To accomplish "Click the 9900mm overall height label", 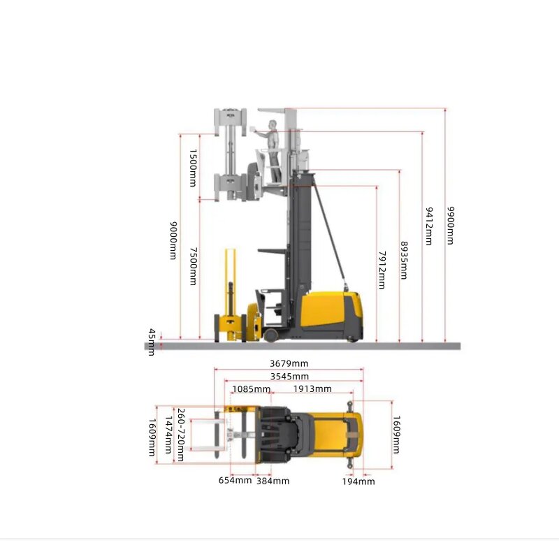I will (x=451, y=225).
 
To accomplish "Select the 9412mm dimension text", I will (x=428, y=226).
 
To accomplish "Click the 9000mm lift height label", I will (x=173, y=241).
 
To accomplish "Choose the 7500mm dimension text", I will (x=193, y=266).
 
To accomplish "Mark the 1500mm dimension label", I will (x=193, y=168).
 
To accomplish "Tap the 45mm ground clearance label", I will (x=151, y=342).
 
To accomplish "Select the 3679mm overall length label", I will (x=289, y=363).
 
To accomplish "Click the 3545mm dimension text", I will (x=289, y=377).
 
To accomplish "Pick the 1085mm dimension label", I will (x=252, y=389).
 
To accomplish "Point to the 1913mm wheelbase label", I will (x=312, y=389).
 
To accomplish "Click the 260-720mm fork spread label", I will (x=181, y=435).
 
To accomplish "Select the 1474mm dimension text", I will (x=167, y=435).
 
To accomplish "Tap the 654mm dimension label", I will (x=235, y=480).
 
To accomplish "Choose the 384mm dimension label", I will (x=273, y=480).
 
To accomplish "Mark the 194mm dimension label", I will (x=358, y=481).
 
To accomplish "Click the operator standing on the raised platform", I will (x=274, y=150).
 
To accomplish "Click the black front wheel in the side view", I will (x=270, y=335).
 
